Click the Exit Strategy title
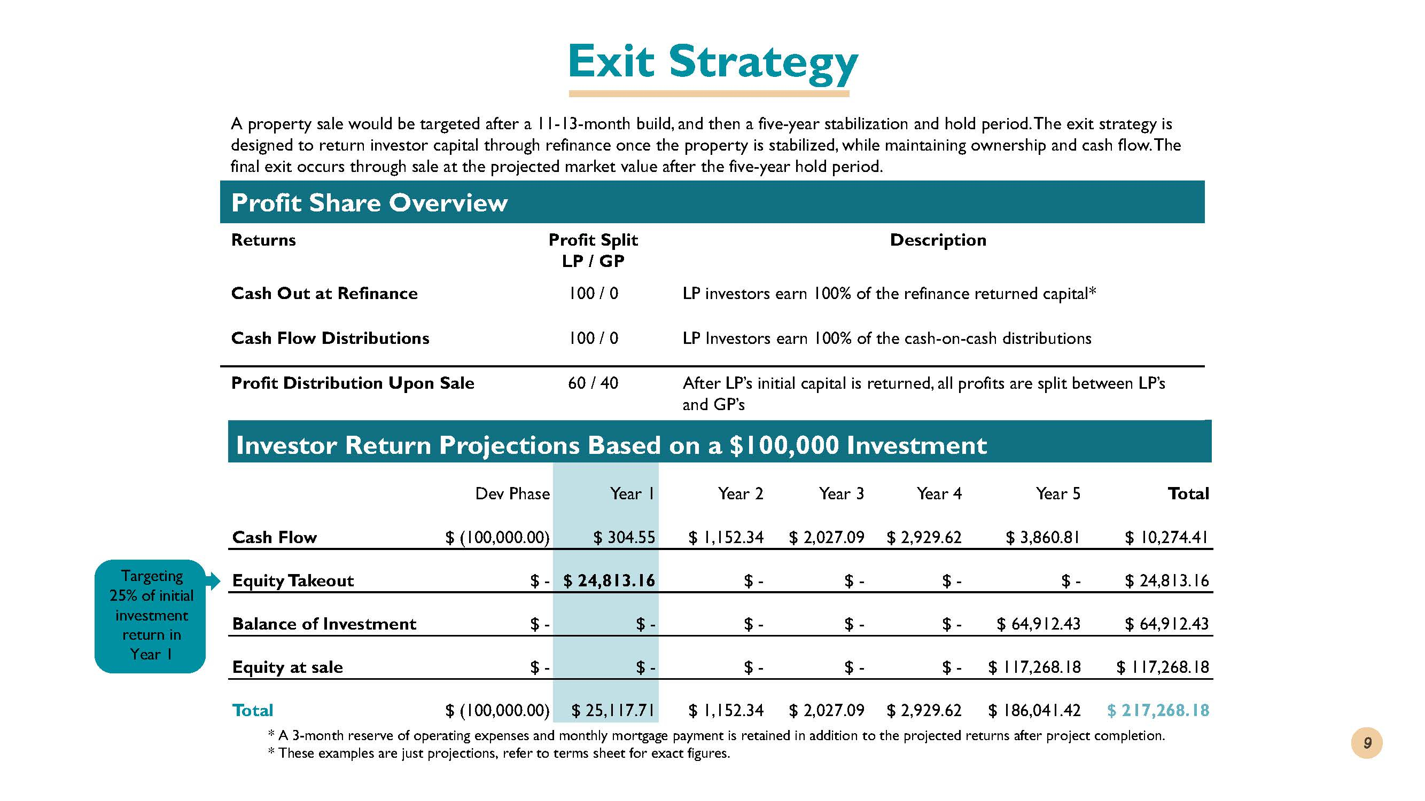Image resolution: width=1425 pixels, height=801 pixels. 713,62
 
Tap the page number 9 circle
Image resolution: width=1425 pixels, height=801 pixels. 1367,743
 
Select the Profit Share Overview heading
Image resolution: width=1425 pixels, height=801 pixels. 369,202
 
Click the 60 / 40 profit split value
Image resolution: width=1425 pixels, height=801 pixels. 593,383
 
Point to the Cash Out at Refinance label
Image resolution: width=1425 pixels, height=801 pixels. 324,293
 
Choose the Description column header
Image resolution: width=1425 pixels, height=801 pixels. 938,240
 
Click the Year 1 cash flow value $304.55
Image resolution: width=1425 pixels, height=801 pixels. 624,537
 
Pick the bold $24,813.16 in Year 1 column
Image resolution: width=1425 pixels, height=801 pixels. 609,580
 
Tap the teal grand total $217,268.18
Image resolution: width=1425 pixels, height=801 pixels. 1158,710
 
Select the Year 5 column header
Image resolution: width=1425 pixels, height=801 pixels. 1058,493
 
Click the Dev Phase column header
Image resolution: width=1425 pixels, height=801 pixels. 512,493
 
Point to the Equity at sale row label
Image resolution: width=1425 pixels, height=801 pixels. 287,667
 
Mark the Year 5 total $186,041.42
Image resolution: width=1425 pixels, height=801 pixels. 1034,710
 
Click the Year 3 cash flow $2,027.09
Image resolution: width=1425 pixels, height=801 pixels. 827,537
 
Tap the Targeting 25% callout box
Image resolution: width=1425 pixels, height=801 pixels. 151,616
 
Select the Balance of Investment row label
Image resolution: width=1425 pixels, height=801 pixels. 324,624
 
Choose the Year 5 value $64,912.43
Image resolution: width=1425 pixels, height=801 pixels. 1038,624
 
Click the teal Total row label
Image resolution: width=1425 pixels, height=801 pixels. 253,710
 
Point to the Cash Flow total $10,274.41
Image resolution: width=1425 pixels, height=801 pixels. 1167,537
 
